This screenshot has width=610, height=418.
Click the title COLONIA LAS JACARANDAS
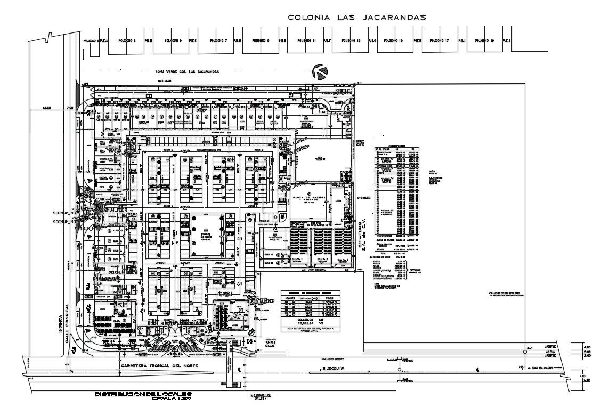coord(357,18)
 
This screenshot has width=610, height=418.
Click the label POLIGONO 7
coord(218,41)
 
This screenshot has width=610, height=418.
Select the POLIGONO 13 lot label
coord(351,41)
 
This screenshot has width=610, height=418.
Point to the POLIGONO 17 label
coord(440,41)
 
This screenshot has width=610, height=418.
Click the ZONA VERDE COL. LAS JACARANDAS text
coord(187,72)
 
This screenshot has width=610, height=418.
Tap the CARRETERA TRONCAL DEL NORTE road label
coord(159,367)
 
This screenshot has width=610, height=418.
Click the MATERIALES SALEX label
coord(261,397)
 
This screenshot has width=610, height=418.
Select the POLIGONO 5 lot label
coord(173,41)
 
